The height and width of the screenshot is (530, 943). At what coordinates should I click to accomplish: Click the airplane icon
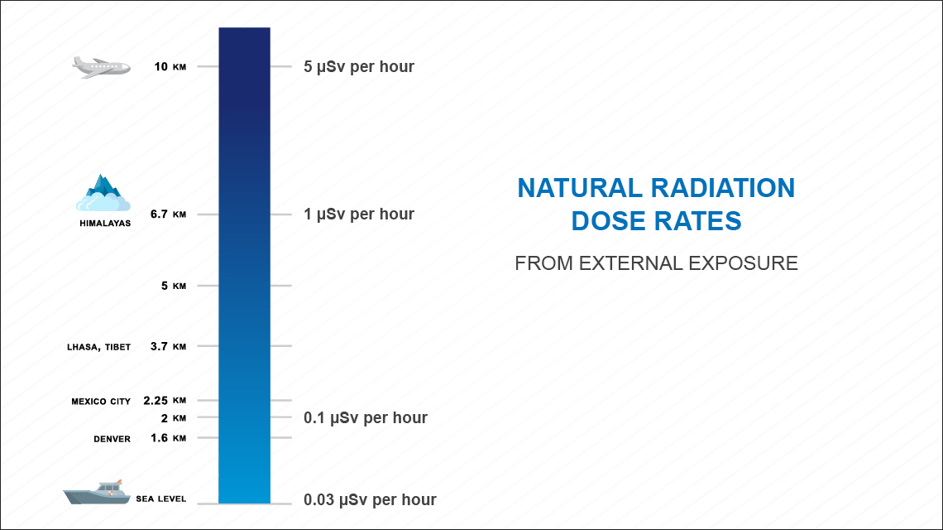point(101,67)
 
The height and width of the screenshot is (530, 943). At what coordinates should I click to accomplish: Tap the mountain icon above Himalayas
point(103,193)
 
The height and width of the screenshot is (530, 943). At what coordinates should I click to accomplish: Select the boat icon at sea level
point(97,492)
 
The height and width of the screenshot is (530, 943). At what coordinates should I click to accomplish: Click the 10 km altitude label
point(170,66)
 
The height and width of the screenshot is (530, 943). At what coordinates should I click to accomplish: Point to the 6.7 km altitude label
point(169,214)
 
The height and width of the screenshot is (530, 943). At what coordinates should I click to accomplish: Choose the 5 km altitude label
point(174,286)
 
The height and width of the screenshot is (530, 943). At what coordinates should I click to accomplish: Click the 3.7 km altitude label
point(169,346)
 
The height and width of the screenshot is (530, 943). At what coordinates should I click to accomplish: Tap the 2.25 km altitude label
point(165,401)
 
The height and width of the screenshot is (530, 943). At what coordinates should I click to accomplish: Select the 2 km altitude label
point(174,418)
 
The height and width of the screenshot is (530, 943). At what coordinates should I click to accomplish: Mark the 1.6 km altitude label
point(169,438)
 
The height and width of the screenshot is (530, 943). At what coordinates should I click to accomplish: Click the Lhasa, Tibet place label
point(98,347)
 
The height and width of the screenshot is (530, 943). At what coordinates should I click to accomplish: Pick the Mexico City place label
point(101,401)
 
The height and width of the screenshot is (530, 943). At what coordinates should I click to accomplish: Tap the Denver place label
point(112,439)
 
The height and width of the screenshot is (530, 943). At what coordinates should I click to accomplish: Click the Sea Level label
point(161,499)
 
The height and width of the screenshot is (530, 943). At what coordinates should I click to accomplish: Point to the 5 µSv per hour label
point(359,67)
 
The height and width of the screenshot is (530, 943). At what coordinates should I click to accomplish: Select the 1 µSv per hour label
point(359,214)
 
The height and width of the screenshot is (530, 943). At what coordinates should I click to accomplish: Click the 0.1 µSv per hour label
point(366,418)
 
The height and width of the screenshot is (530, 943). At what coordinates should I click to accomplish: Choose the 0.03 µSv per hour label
point(370,500)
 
